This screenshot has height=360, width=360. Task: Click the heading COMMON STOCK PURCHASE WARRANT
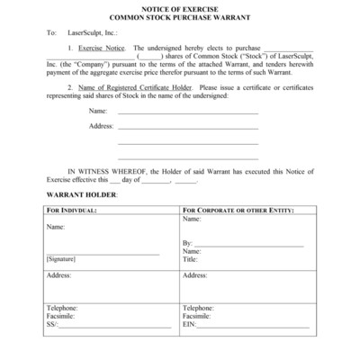[x=179, y=17]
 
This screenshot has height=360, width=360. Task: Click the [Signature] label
[x=62, y=259]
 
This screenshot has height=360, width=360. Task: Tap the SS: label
[x=51, y=325]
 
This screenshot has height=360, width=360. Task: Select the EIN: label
[x=190, y=325]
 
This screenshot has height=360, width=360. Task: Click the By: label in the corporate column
[x=187, y=244]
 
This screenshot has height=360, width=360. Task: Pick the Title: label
[x=190, y=259]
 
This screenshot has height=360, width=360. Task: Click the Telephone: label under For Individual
[x=63, y=308]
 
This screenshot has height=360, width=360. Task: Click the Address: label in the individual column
[x=59, y=275]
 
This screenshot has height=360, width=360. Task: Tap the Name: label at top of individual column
[x=56, y=226]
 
